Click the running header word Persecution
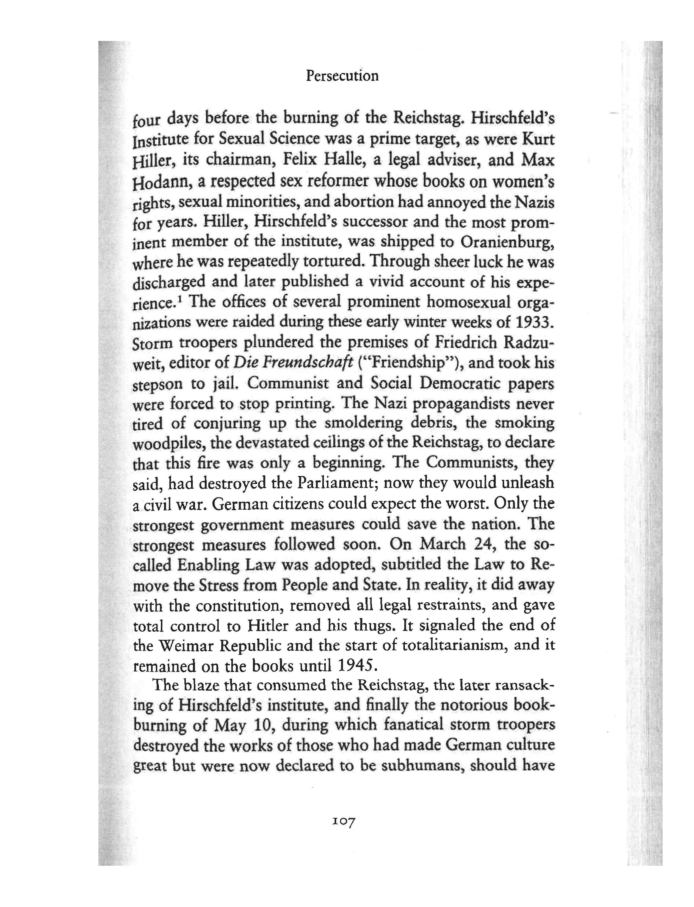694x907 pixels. click(342, 76)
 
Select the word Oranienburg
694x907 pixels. click(507, 242)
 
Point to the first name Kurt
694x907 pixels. click(538, 140)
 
